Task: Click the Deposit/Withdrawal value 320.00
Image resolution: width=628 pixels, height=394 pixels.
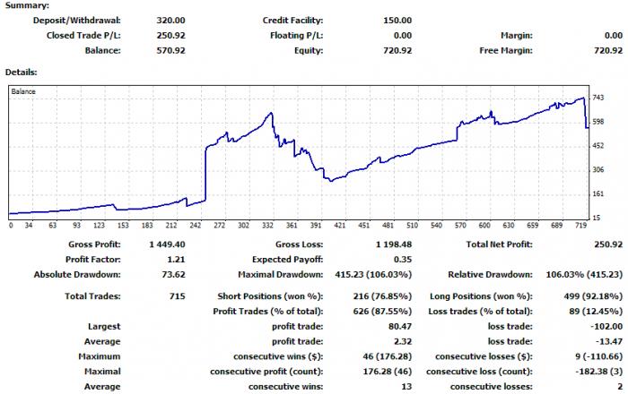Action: click(x=171, y=21)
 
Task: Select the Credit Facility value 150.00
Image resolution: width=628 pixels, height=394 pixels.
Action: click(x=397, y=21)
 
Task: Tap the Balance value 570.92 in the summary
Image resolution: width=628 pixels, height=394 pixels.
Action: click(x=171, y=51)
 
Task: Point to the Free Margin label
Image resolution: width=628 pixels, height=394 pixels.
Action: click(x=506, y=51)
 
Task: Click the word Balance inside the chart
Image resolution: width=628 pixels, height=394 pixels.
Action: click(x=23, y=91)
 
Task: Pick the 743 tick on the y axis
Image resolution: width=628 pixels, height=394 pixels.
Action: click(x=598, y=98)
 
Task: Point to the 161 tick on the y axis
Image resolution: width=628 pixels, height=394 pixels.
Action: click(x=598, y=193)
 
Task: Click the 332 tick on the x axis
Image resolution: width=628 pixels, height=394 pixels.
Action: click(x=267, y=226)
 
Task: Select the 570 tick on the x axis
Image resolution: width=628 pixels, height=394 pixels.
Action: click(x=460, y=226)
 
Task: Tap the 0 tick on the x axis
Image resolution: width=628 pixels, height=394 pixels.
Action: click(x=11, y=226)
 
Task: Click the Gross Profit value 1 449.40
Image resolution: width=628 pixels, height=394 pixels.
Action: click(x=168, y=244)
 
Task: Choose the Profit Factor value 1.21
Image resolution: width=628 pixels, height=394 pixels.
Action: click(x=176, y=260)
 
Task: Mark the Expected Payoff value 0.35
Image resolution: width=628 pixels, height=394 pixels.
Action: click(x=403, y=260)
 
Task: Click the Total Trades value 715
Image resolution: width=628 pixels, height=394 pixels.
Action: click(x=178, y=296)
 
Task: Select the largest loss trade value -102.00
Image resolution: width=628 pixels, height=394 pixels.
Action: click(x=606, y=327)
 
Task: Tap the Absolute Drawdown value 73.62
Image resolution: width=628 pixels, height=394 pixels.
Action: click(x=173, y=275)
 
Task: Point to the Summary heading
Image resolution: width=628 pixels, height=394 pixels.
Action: click(x=27, y=5)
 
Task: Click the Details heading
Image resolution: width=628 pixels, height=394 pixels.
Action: click(x=22, y=73)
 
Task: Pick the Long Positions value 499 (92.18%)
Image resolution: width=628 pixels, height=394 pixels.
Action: click(x=593, y=296)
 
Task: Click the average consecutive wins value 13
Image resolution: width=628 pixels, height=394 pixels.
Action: click(x=406, y=387)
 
